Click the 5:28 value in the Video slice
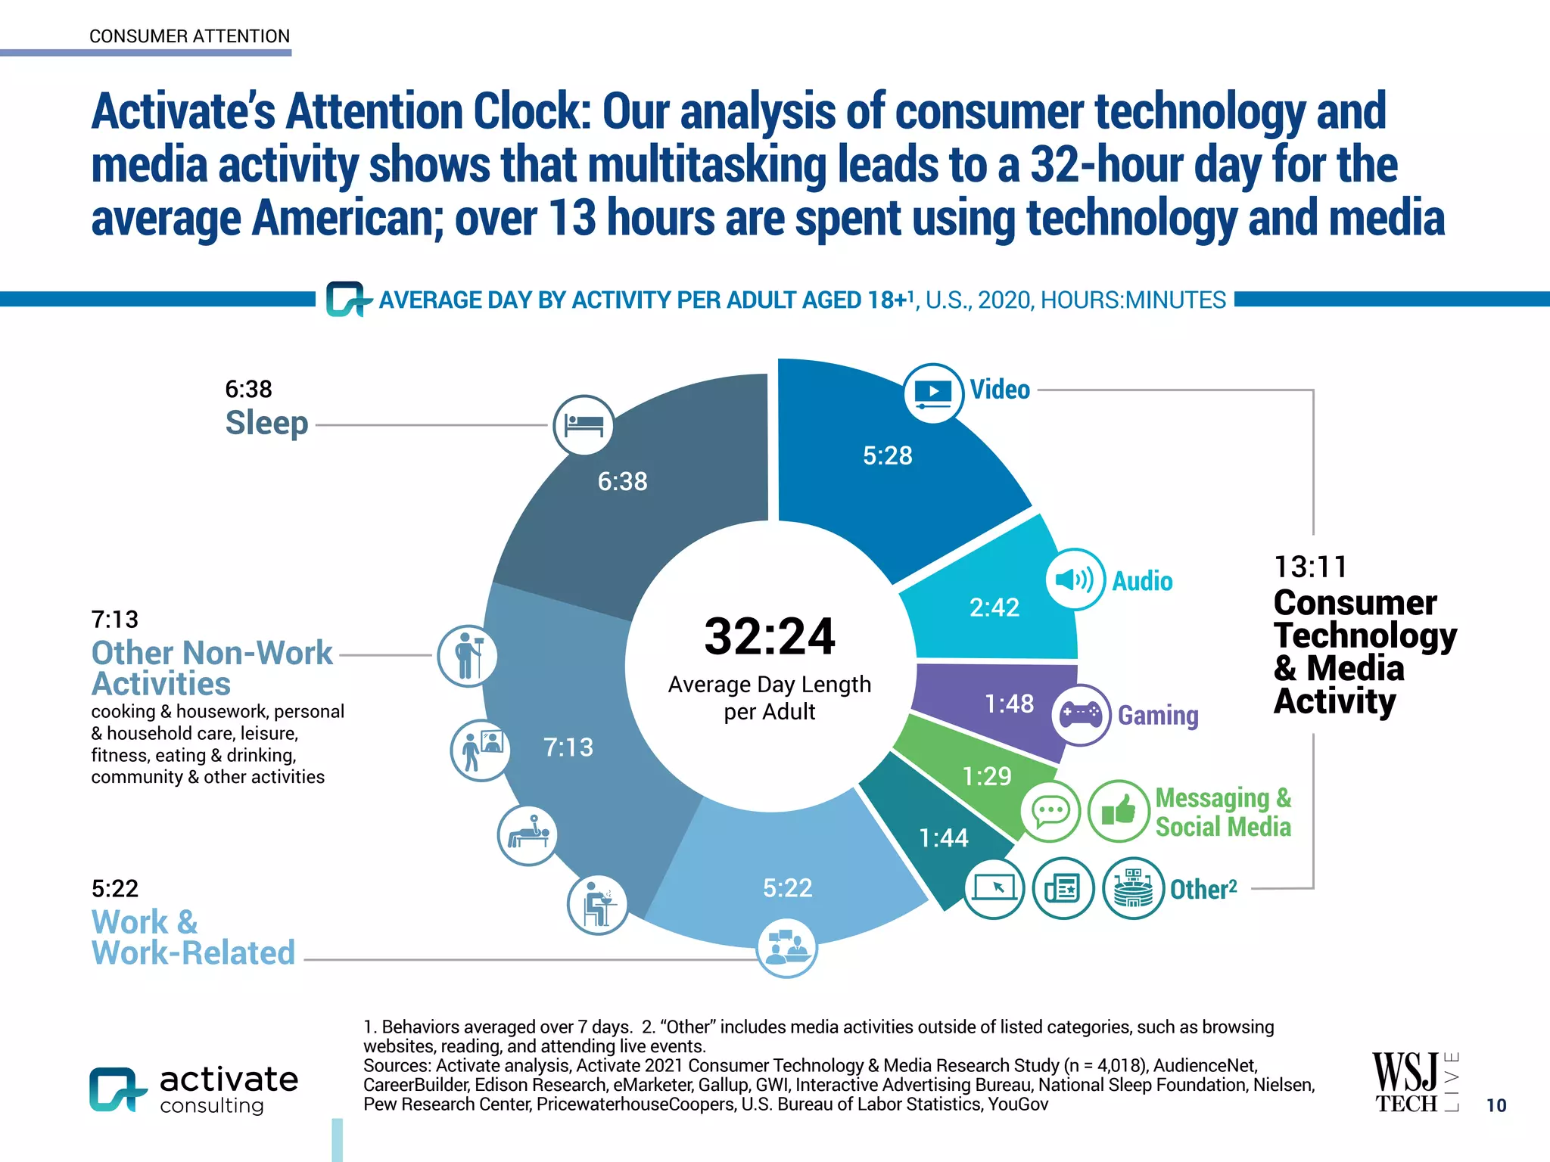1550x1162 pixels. click(887, 455)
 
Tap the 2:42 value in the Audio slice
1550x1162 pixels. click(994, 607)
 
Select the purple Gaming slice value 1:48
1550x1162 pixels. click(1008, 704)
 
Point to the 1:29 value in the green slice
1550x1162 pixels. click(986, 775)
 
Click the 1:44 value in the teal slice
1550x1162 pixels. click(943, 837)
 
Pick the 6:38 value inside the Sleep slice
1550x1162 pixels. click(622, 481)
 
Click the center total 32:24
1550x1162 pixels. click(769, 636)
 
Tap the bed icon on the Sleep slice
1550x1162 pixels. click(583, 425)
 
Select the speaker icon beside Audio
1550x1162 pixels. click(1075, 579)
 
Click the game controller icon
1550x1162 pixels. click(1081, 714)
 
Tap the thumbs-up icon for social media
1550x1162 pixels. click(1119, 811)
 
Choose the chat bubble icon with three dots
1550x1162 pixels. click(1050, 811)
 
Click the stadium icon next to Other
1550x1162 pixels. click(1133, 888)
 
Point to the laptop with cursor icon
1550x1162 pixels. click(994, 888)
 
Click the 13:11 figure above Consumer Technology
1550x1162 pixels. click(1310, 567)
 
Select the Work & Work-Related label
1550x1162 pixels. click(193, 937)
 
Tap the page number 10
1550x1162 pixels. click(1496, 1105)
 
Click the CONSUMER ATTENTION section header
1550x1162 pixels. click(189, 36)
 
